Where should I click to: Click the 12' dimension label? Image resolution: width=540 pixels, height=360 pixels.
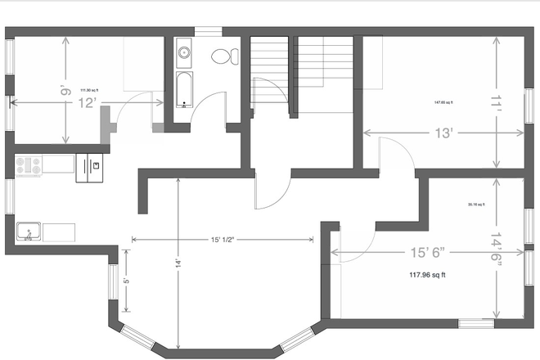point(88,102)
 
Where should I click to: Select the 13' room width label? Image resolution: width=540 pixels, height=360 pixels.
point(444,132)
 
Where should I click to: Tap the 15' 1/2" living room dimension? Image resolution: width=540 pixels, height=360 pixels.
point(222,239)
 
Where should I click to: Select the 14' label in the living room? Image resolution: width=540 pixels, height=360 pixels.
point(178,266)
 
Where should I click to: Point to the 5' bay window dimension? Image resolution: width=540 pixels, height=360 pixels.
point(126,281)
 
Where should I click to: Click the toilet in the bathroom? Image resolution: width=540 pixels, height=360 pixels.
point(223,56)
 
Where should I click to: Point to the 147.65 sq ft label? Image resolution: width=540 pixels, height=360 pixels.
point(443,102)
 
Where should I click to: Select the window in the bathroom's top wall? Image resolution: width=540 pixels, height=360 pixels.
point(208,31)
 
